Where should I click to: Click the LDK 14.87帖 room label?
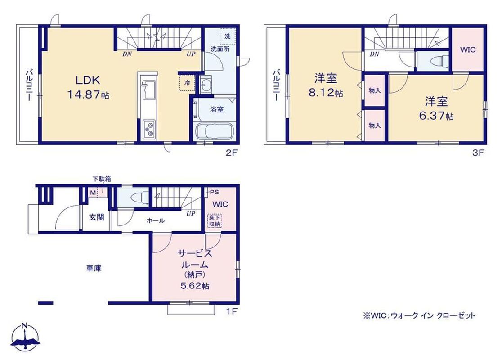tap(88, 87)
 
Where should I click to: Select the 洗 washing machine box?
tap(227, 36)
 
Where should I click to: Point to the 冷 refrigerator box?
tap(187, 83)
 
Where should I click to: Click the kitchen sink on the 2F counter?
tap(147, 89)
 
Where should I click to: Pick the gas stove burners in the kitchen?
tap(149, 130)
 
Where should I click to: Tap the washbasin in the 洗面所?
tap(205, 85)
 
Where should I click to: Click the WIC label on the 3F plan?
tap(468, 49)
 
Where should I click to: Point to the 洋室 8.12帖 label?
tap(326, 85)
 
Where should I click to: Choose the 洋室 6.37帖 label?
tap(436, 108)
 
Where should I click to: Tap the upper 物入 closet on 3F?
tap(375, 90)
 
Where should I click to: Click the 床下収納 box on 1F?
tap(214, 220)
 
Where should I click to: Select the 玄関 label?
tap(96, 217)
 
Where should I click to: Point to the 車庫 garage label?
tap(94, 268)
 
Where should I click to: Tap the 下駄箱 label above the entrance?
tap(102, 179)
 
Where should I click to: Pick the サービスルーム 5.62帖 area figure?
tap(195, 286)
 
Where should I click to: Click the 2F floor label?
tap(232, 153)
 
